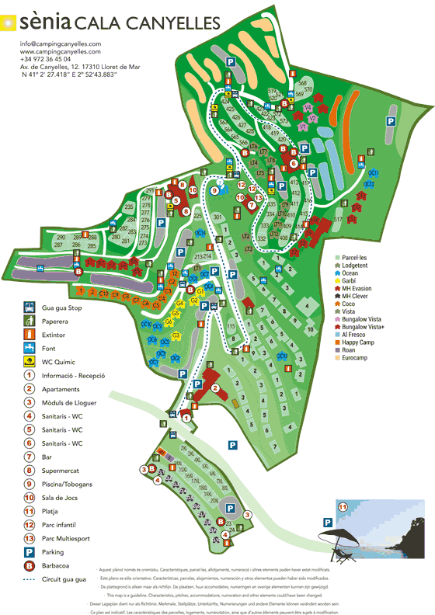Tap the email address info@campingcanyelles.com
[x=61, y=43]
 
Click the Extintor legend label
[x=58, y=334]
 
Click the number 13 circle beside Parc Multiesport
[x=27, y=539]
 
